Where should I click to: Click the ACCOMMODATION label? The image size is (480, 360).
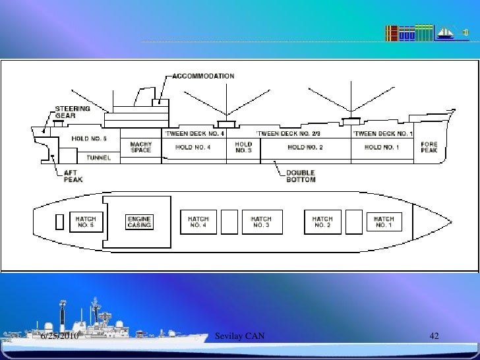pyautogui.click(x=203, y=76)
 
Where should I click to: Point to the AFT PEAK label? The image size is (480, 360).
pyautogui.click(x=73, y=176)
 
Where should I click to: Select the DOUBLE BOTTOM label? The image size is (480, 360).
pyautogui.click(x=301, y=176)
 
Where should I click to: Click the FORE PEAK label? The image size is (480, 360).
pyautogui.click(x=429, y=147)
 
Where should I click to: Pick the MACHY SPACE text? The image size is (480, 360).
pyautogui.click(x=141, y=147)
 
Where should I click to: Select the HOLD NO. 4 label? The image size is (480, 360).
pyautogui.click(x=193, y=147)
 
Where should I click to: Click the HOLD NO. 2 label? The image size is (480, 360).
pyautogui.click(x=305, y=147)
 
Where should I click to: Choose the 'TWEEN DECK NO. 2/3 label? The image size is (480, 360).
pyautogui.click(x=288, y=133)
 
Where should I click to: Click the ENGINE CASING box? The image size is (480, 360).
pyautogui.click(x=140, y=222)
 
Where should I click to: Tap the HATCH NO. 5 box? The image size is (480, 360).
pyautogui.click(x=86, y=222)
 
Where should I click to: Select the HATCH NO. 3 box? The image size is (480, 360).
pyautogui.click(x=262, y=222)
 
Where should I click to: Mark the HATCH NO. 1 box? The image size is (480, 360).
pyautogui.click(x=384, y=222)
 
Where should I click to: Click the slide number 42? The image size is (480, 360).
pyautogui.click(x=434, y=337)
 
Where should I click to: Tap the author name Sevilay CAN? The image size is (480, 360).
pyautogui.click(x=240, y=337)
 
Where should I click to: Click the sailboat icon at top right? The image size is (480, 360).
pyautogui.click(x=446, y=32)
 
